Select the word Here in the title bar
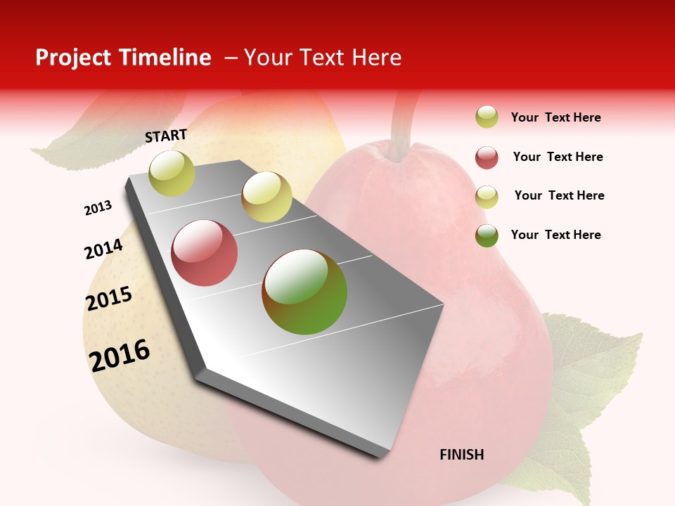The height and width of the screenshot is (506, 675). point(376,58)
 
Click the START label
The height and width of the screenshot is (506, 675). point(166,136)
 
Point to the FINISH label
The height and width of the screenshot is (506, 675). point(461,455)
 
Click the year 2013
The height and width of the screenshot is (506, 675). point(98,208)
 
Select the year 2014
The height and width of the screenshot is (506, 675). point(103,249)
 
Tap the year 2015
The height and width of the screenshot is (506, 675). point(109,299)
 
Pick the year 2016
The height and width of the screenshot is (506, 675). point(120,355)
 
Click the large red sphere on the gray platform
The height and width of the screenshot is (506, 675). point(205,253)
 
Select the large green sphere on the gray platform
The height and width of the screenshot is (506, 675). point(304,292)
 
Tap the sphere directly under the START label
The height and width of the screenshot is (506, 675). point(172,173)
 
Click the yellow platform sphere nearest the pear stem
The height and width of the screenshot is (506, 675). point(266,197)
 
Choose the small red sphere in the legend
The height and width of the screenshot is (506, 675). point(487,157)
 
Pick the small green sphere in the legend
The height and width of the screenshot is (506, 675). point(487,235)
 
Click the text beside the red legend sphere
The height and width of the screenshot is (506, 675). point(558,157)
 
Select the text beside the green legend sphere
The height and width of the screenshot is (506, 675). point(555,235)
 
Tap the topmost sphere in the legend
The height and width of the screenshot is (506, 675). point(487,117)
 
